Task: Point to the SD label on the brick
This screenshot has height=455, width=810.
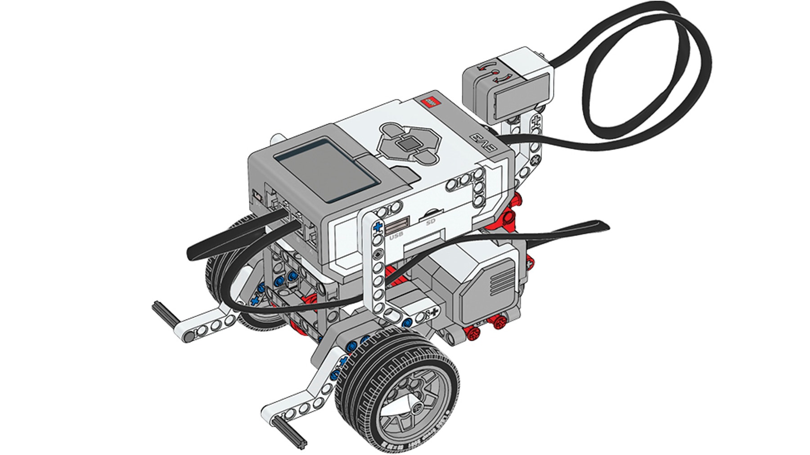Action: pyautogui.click(x=431, y=222)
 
